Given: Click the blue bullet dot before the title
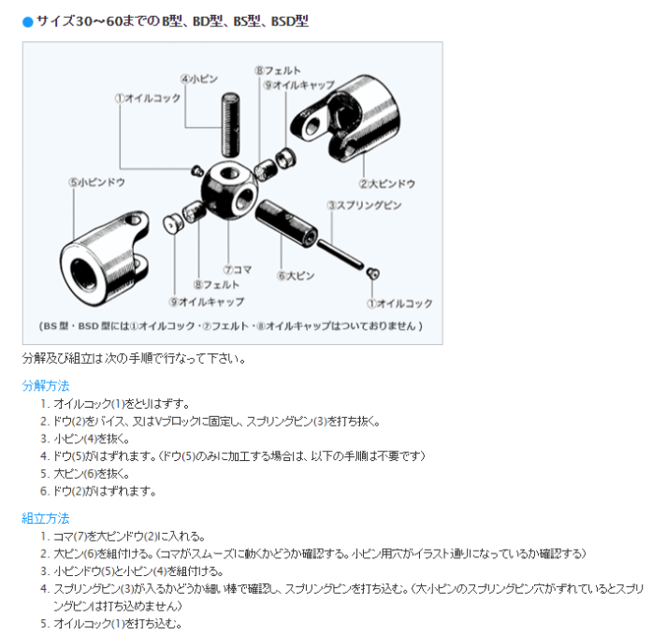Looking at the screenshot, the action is click(28, 22).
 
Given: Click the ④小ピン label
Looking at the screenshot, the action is click(198, 79).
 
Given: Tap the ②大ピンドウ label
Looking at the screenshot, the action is click(386, 184).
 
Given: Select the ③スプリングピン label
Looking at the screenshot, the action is click(364, 206).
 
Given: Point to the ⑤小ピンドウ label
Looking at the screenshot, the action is click(96, 182).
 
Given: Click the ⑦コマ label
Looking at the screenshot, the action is click(237, 270).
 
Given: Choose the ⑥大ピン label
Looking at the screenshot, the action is click(296, 276).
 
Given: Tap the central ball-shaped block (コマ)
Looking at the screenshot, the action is click(229, 190).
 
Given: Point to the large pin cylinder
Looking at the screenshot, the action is click(285, 223).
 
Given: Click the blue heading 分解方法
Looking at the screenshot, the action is click(45, 385).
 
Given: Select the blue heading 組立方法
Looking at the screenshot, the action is click(45, 518).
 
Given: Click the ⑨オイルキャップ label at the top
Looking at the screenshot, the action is click(298, 85).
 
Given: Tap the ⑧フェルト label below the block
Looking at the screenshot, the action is click(216, 285).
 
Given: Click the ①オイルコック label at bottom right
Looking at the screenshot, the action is click(399, 304).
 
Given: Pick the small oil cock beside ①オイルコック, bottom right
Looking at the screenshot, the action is click(372, 273).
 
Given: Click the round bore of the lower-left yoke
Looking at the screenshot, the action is click(85, 274).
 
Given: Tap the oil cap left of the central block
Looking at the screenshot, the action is click(173, 223).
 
